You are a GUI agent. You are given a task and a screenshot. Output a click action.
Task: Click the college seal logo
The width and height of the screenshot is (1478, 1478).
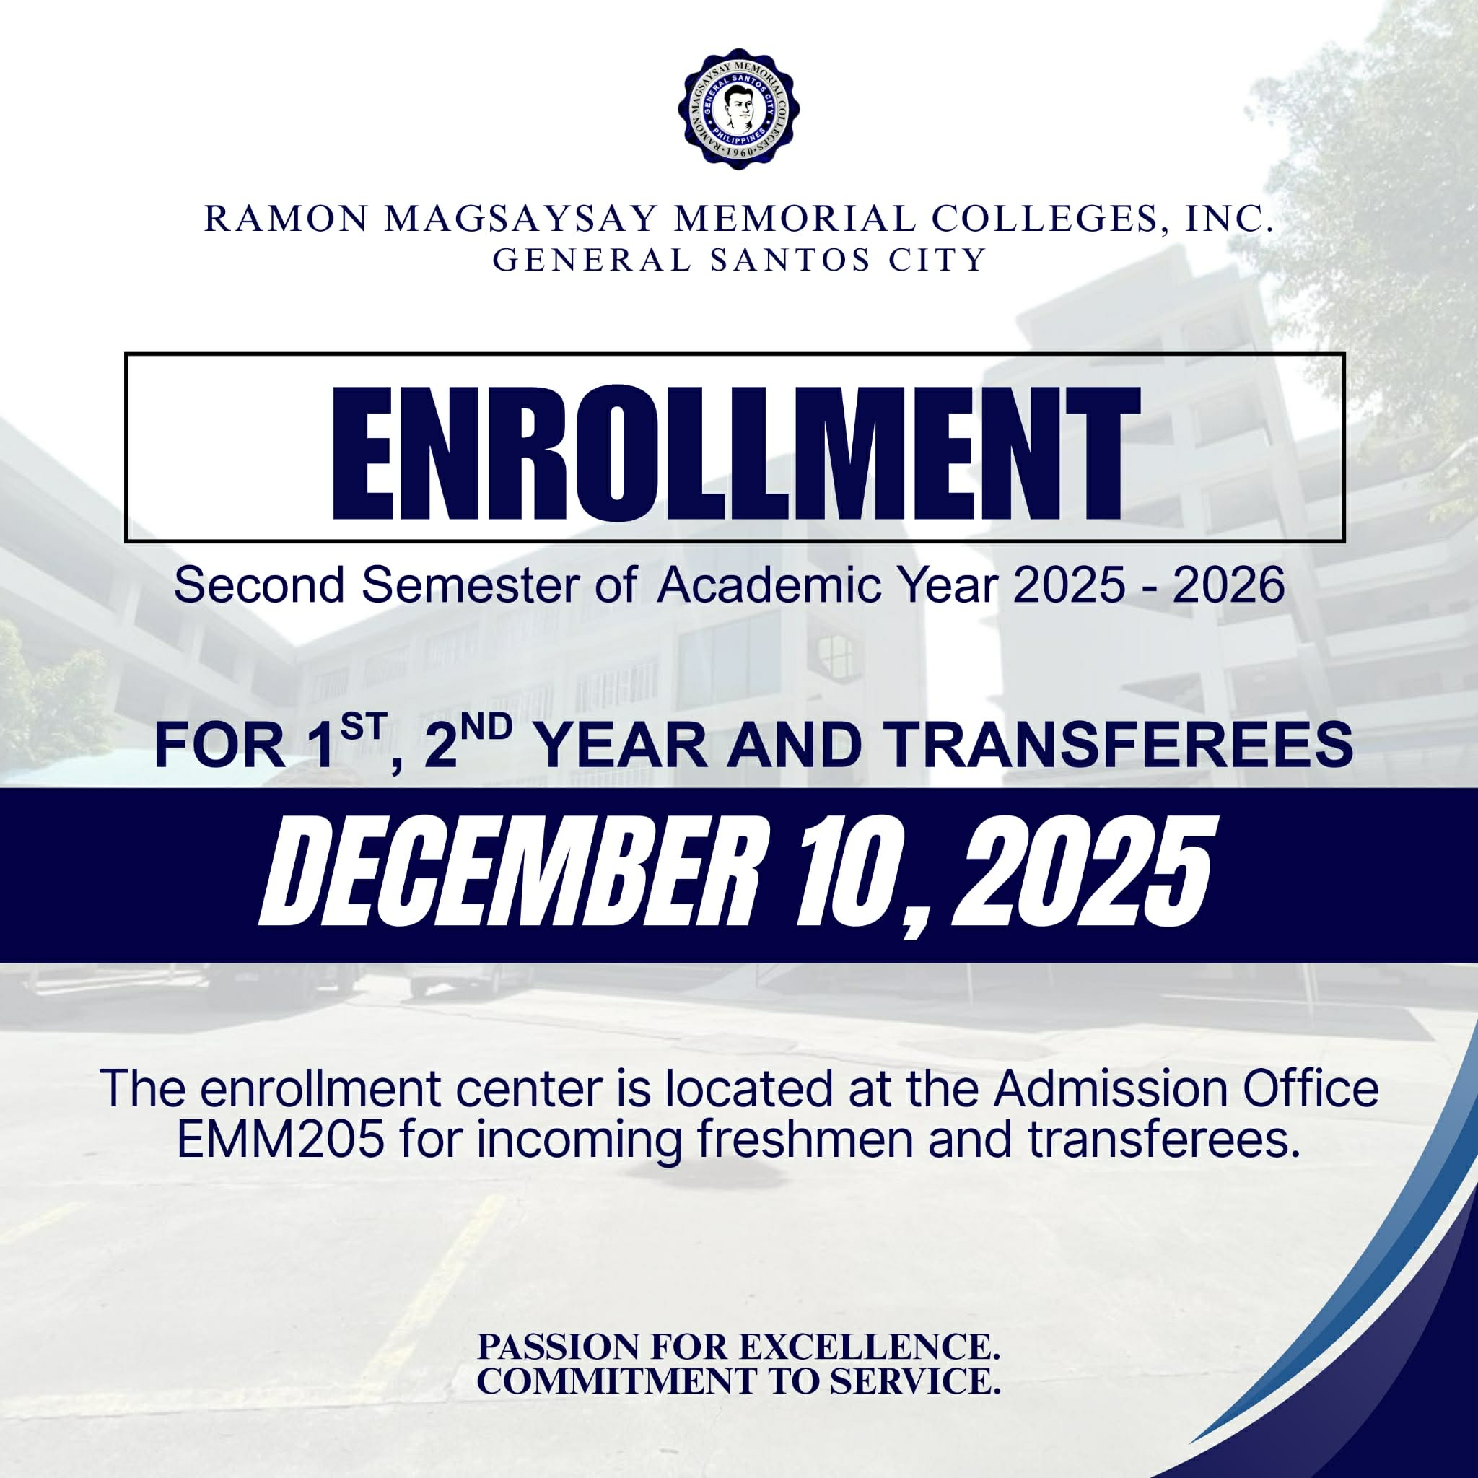[738, 109]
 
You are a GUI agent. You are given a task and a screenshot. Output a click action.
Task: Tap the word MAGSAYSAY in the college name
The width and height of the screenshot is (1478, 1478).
[520, 219]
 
